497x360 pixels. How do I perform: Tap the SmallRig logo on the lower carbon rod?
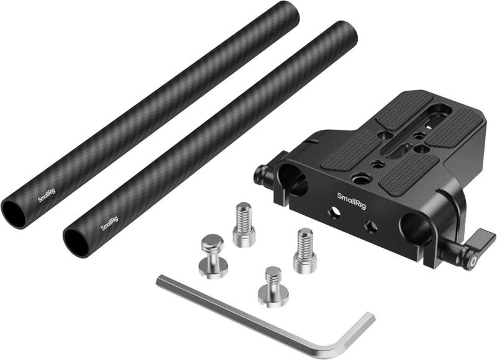click(x=109, y=223)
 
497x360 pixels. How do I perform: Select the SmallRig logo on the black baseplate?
click(x=352, y=200)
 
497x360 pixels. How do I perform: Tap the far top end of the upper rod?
click(x=69, y=9)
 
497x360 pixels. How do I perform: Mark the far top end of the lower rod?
click(x=348, y=30)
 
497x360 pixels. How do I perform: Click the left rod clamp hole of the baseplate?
click(x=294, y=180)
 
